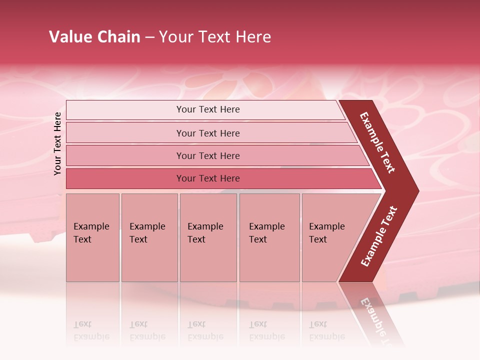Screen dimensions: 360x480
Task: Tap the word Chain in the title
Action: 118,37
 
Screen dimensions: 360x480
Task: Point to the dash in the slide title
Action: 149,37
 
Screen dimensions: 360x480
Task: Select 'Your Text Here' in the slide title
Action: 215,37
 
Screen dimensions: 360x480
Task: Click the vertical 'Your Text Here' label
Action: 57,144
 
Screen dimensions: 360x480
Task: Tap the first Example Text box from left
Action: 92,237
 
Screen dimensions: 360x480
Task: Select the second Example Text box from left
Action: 149,237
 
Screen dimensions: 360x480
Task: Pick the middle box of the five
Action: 208,237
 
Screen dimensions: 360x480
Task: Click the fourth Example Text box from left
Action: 269,237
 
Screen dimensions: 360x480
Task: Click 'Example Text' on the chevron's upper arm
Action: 378,142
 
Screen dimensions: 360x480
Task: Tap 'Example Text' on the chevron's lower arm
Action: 379,236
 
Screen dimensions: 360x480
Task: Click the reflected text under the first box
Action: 91,330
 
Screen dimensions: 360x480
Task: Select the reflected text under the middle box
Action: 205,330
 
